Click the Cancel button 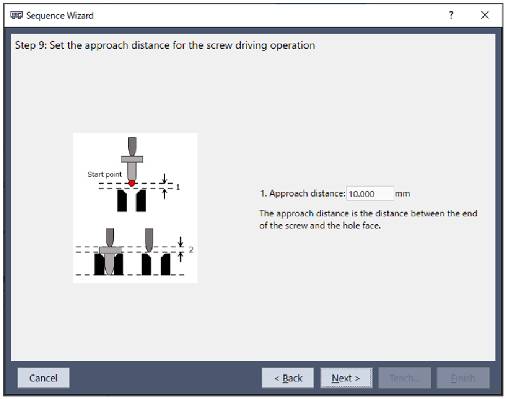pos(43,378)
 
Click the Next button pos(345,378)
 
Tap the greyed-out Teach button pos(404,378)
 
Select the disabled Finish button pos(463,378)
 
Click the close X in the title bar pos(485,15)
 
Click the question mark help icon pos(451,15)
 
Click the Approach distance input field pos(370,194)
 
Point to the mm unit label pos(402,194)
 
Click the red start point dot pos(132,183)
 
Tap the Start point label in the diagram pos(105,175)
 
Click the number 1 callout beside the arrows pos(178,187)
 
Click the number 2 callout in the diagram pos(191,250)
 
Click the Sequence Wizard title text pos(60,15)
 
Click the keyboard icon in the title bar pos(17,15)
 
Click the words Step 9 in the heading pos(31,45)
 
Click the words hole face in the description pos(362,225)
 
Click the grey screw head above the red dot pos(132,159)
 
